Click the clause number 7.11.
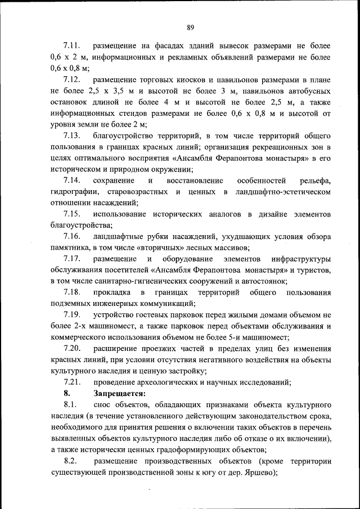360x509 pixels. [x=73, y=45]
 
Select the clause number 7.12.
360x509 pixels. [x=73, y=79]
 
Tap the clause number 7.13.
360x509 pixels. [x=73, y=136]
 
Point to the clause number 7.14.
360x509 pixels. [x=73, y=181]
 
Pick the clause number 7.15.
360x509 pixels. [x=73, y=214]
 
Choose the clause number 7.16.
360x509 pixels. [x=73, y=237]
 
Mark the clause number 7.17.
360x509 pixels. [x=73, y=259]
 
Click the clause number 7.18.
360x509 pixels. [x=73, y=293]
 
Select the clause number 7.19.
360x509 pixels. [x=73, y=316]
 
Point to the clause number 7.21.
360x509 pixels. [x=73, y=383]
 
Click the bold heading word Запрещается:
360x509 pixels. [x=120, y=394]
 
